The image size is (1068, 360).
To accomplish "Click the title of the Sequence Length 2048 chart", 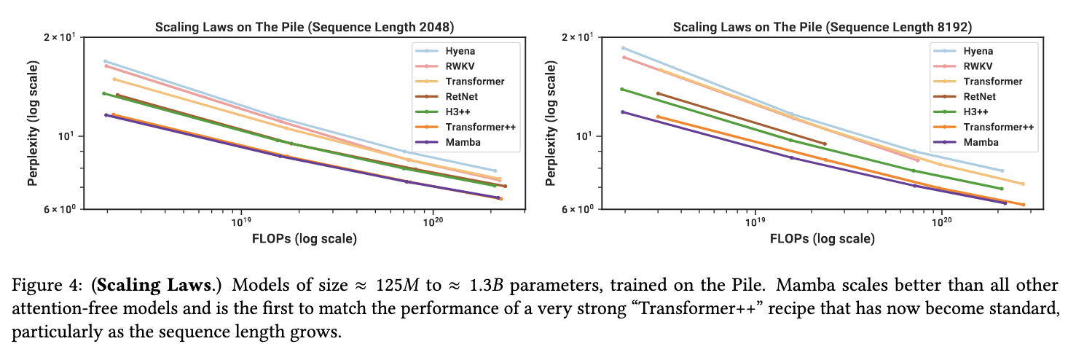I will [x=305, y=28].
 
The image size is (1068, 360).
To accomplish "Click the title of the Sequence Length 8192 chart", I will [x=822, y=28].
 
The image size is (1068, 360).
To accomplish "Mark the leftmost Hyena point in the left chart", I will [x=106, y=61].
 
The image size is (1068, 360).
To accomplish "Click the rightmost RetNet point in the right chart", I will [x=824, y=144].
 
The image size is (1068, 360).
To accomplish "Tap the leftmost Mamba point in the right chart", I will [x=623, y=111].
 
